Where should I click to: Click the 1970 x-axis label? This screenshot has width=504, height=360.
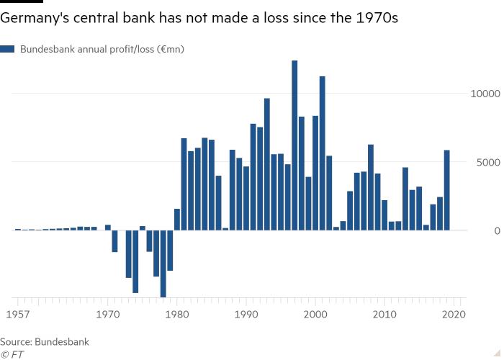(108, 314)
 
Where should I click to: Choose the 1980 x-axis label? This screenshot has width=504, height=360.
(177, 314)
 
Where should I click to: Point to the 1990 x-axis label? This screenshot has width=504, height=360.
(246, 314)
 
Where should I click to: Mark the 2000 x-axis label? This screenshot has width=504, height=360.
(315, 314)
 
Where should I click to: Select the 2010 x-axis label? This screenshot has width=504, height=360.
(384, 314)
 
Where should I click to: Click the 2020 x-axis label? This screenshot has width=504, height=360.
(454, 314)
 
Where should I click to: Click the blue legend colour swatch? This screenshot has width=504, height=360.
(8, 49)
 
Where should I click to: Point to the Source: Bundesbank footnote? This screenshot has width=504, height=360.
(45, 341)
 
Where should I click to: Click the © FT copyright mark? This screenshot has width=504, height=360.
(12, 354)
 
